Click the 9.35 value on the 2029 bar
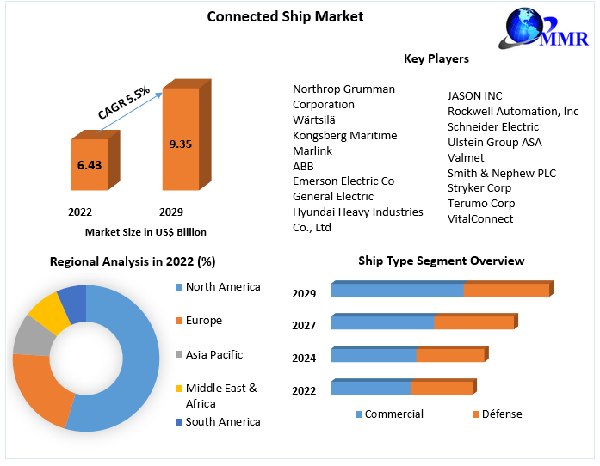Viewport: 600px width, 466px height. tap(180, 144)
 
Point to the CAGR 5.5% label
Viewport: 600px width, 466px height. tap(124, 101)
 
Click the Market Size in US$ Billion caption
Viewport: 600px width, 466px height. tap(145, 232)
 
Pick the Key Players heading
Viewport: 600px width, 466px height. tap(436, 59)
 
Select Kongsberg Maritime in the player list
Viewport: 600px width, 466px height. tap(344, 136)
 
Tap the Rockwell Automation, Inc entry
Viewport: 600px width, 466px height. tap(513, 112)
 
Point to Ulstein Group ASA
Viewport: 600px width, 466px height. tap(494, 143)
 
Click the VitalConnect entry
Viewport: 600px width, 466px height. tap(479, 219)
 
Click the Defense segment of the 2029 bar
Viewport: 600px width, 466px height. tap(506, 290)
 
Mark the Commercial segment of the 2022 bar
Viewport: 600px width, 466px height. tap(370, 388)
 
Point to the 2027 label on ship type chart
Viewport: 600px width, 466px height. tap(304, 326)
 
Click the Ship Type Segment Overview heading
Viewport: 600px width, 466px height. tap(441, 261)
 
